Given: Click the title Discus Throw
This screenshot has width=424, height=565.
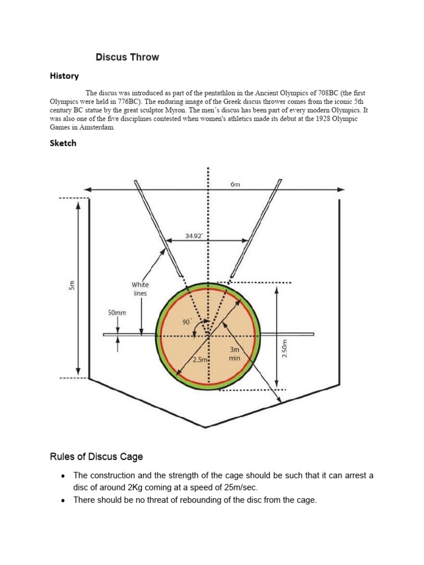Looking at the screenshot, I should (x=127, y=57).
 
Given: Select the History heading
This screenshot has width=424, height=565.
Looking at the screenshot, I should (x=64, y=76).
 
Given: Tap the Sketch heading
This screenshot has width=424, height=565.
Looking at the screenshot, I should (x=63, y=143).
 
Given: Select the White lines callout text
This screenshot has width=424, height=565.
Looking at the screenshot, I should (x=140, y=289).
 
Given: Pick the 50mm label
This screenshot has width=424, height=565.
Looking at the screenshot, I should (x=116, y=313).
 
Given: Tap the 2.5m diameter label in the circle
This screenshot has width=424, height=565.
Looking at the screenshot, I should (x=199, y=360).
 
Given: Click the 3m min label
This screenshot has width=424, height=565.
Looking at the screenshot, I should (x=235, y=354).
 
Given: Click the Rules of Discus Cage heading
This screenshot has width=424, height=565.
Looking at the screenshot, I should (x=97, y=457).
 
